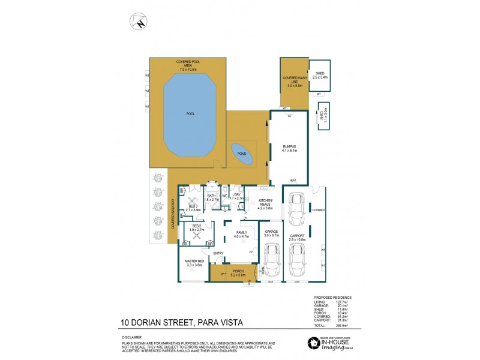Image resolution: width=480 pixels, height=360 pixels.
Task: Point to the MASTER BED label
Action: [x=194, y=261]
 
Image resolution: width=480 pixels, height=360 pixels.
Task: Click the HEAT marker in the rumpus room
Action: [x=293, y=181]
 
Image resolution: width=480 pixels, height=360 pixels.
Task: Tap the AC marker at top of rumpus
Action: [x=289, y=115]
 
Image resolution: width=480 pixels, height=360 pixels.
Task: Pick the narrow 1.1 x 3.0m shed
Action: [x=323, y=114]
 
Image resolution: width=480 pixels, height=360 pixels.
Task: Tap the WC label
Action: [x=224, y=196]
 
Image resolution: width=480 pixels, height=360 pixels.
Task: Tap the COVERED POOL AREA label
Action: [x=188, y=65]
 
